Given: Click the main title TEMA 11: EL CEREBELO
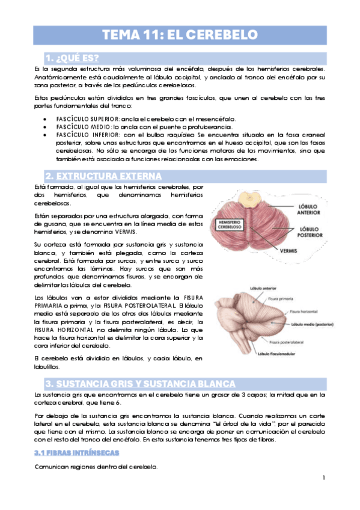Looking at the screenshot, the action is point(180,35).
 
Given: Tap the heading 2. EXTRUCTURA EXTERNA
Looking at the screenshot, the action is point(103,176).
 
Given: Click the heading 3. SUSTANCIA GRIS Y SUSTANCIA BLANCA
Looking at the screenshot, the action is point(140,384).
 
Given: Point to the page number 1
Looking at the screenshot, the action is point(323,478).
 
